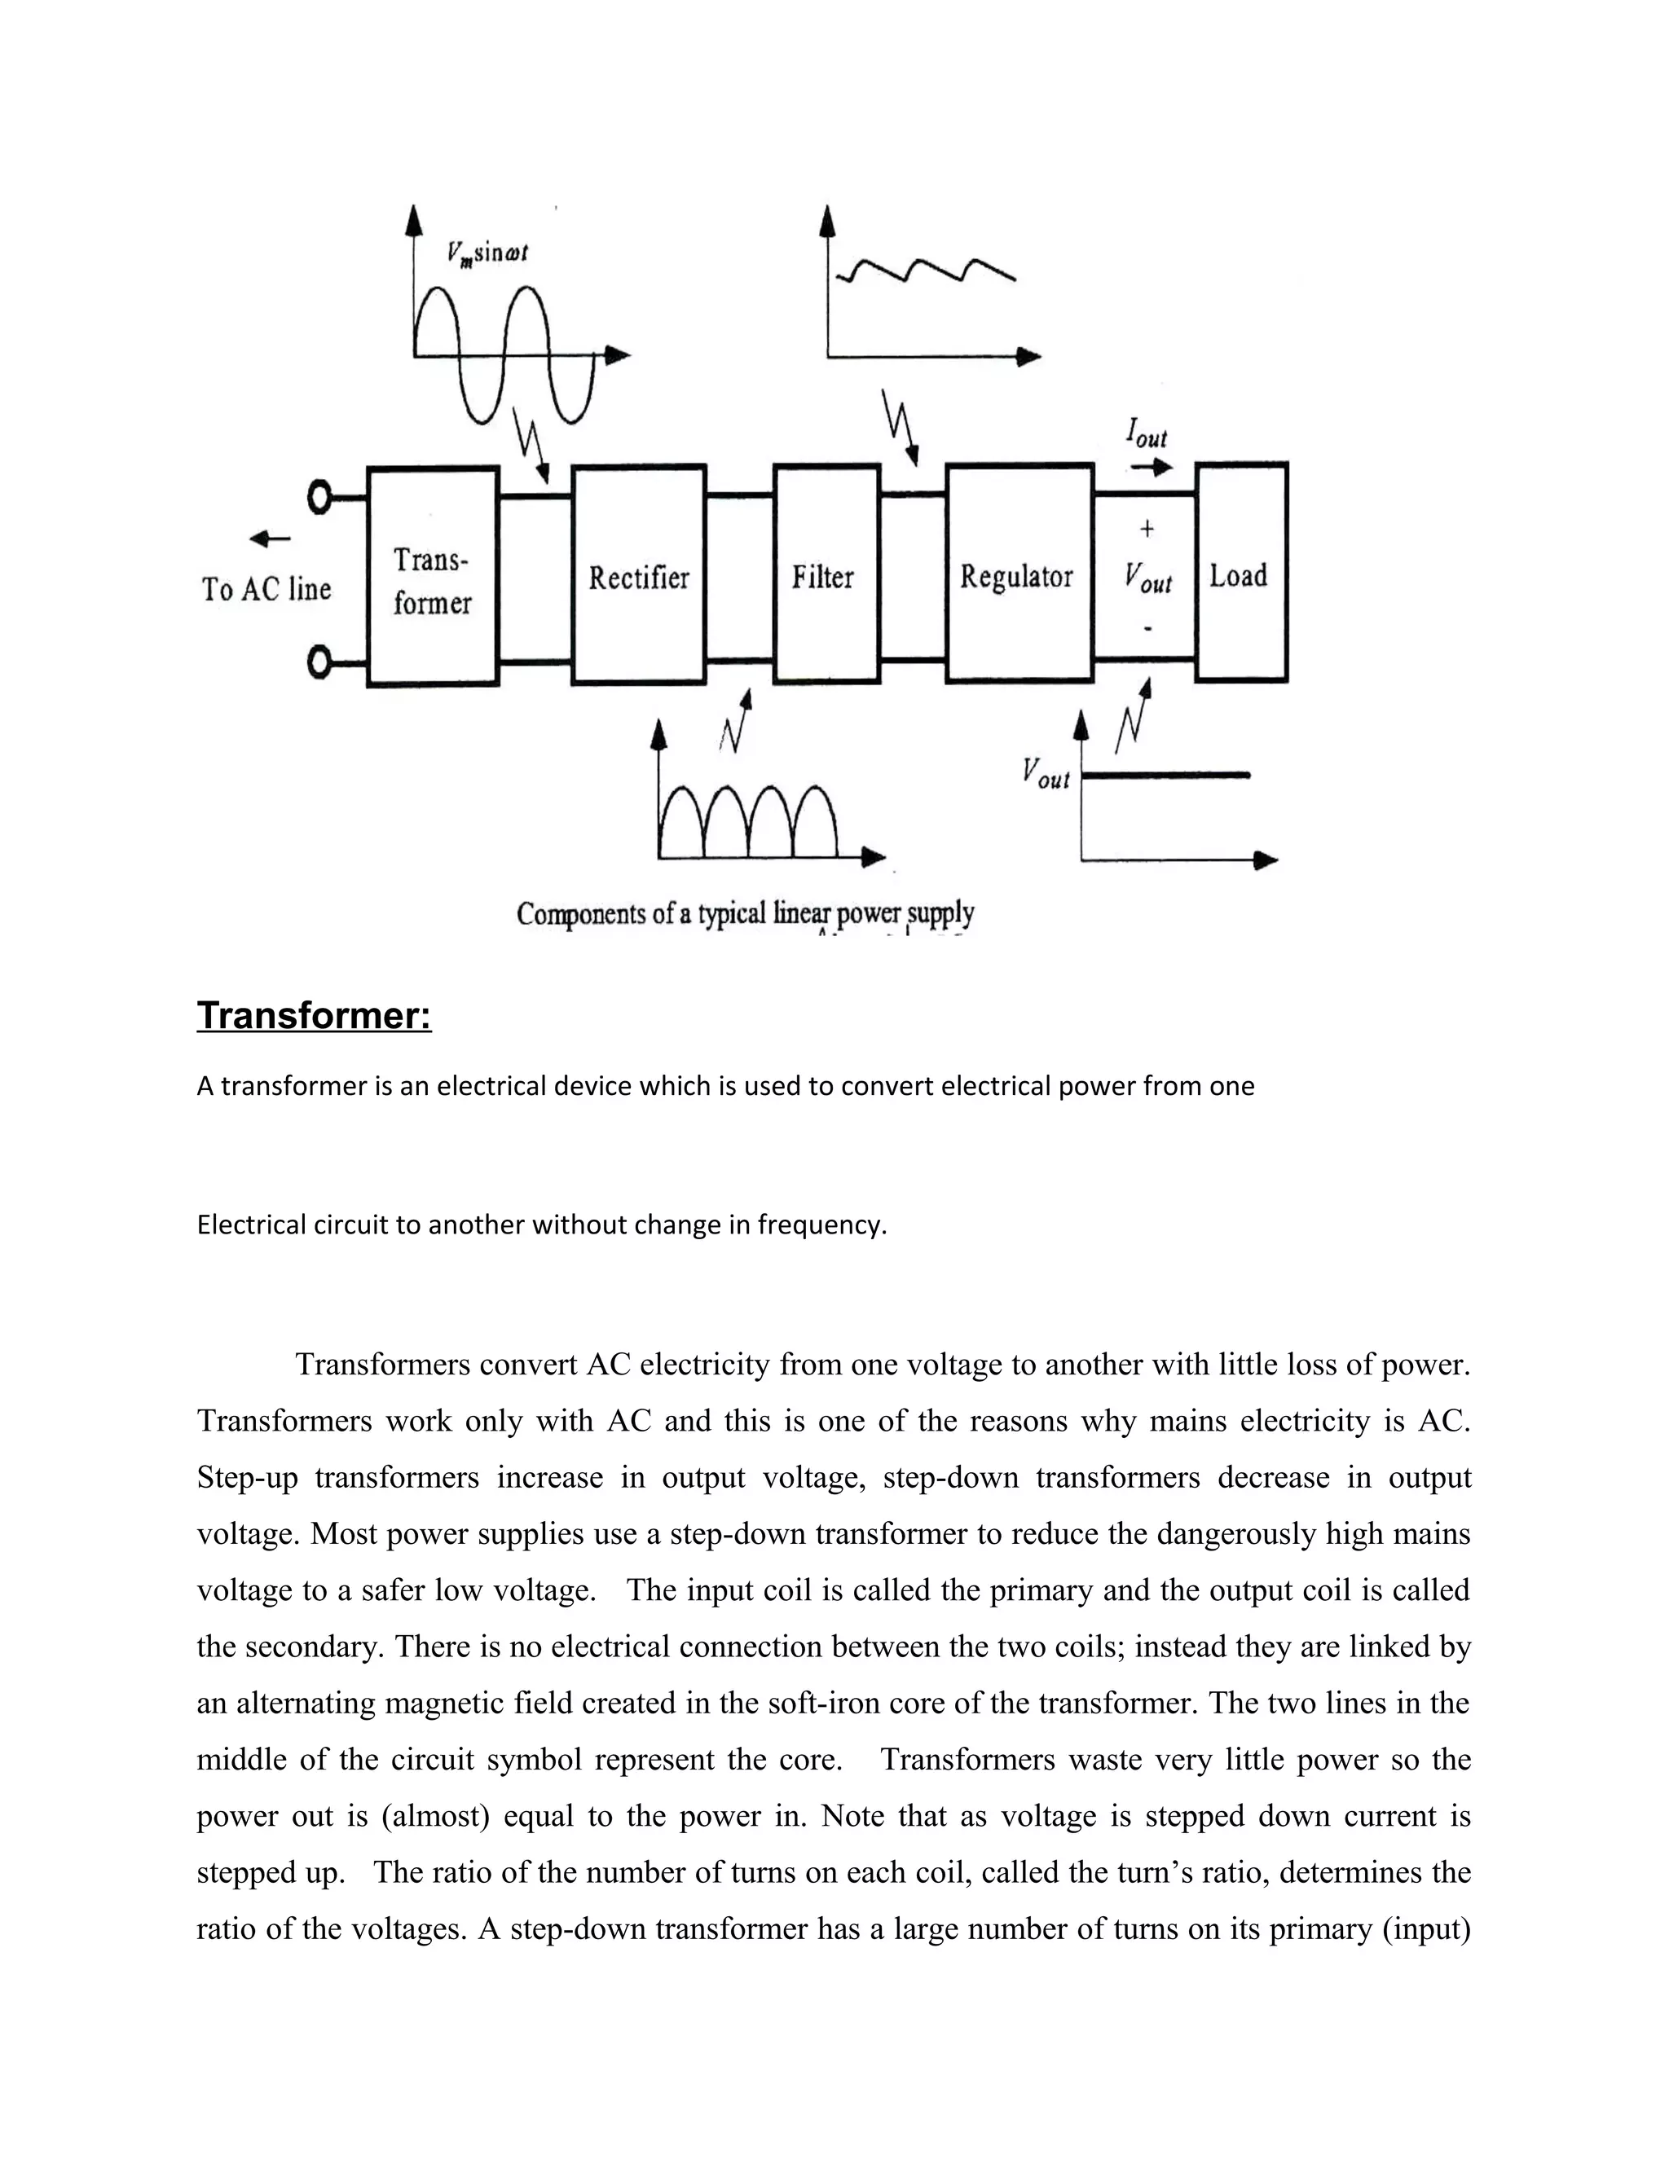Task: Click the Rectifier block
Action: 639,575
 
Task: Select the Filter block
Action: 826,575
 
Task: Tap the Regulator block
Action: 1019,575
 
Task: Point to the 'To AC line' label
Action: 267,589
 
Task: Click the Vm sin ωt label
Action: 487,253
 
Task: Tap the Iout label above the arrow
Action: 1147,433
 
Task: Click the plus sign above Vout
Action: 1147,529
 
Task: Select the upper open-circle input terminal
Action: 319,499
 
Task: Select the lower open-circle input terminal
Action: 319,662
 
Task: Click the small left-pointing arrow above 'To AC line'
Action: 269,539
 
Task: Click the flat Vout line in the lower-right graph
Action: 1167,776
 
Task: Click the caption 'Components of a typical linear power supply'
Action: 746,913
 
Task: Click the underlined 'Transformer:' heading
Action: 314,1015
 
